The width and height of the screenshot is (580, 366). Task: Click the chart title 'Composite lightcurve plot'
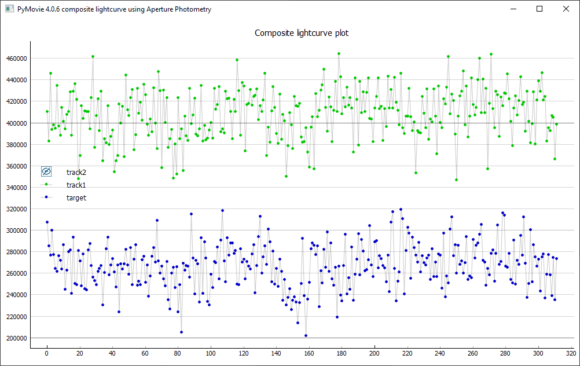302,33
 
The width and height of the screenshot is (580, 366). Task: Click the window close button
566,9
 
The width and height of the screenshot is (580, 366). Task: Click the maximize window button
539,9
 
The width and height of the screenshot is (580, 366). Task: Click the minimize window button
513,9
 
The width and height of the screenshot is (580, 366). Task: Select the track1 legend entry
76,185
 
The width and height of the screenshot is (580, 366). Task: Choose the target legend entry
76,198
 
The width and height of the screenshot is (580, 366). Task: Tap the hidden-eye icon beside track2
46,172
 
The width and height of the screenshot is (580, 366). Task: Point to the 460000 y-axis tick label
17,58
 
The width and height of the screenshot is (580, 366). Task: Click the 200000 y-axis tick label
17,338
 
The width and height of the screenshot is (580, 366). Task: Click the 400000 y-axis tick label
17,123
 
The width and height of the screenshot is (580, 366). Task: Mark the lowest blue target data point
306,335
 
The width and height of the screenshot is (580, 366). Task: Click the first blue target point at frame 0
47,222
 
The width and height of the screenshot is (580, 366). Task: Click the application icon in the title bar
9,9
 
